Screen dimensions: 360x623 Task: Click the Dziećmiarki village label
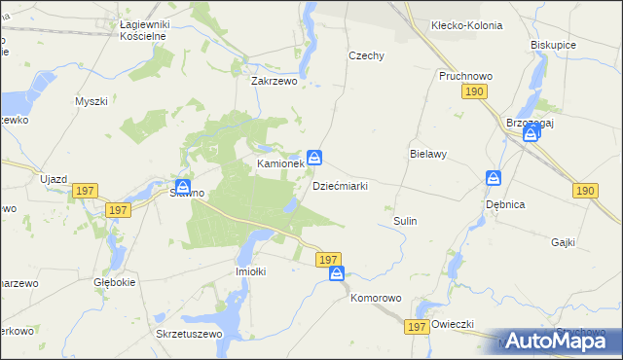[340, 186]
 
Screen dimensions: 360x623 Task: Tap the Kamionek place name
[280, 164]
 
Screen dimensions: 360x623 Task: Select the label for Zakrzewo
[274, 82]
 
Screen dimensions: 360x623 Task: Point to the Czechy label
[365, 55]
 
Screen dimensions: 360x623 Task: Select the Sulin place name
[405, 221]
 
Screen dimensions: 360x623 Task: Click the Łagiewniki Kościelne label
[137, 28]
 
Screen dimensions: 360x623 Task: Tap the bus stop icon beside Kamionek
[315, 157]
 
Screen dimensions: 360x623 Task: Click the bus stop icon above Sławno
[182, 188]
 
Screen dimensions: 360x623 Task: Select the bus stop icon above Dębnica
[494, 179]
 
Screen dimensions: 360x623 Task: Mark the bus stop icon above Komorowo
[337, 274]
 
